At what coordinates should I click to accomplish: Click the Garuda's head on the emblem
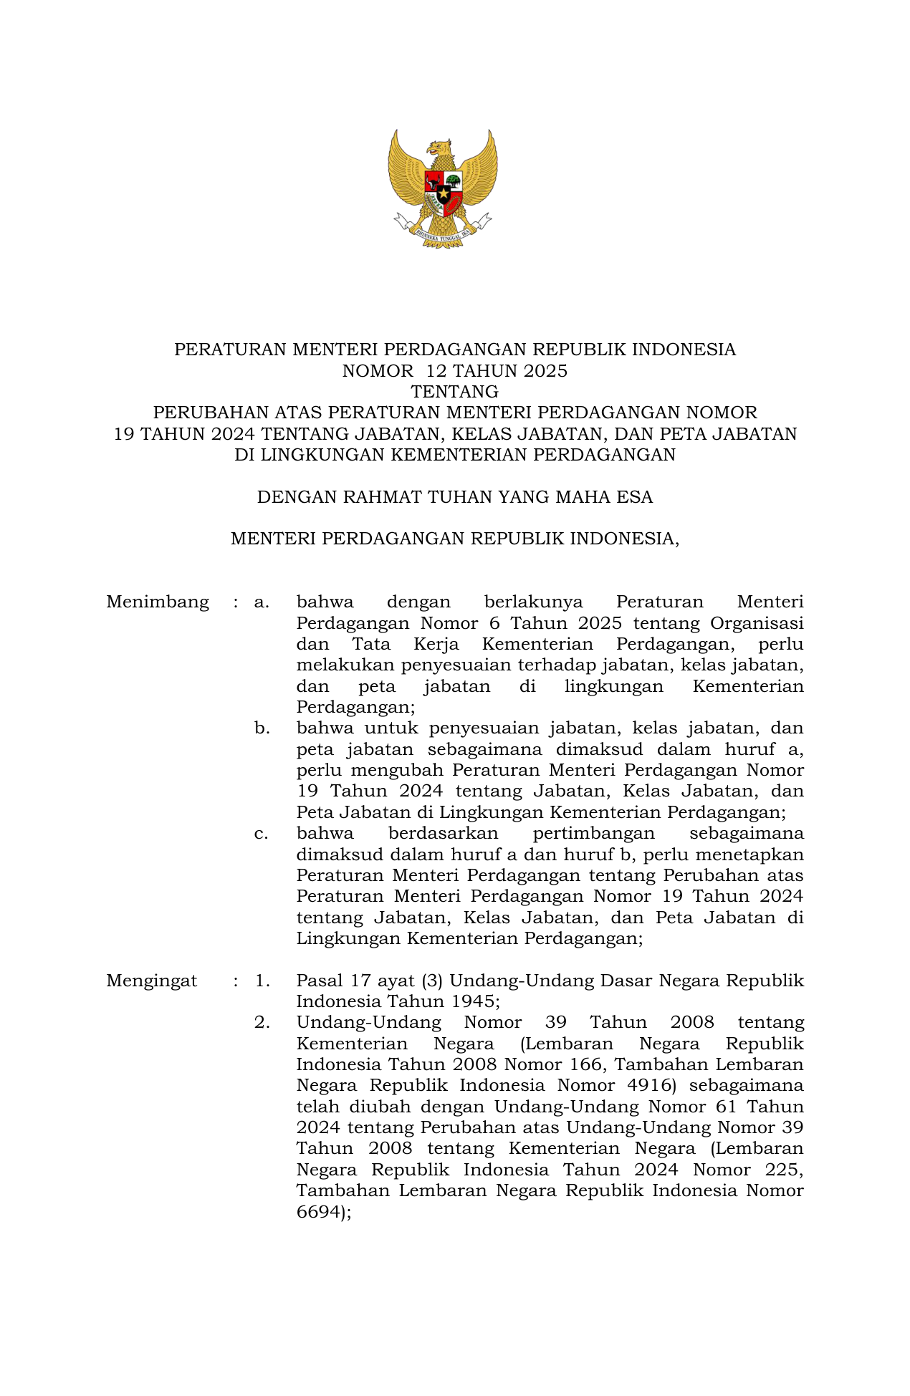click(439, 148)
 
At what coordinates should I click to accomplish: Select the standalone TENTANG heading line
click(454, 392)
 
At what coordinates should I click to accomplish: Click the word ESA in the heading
click(634, 497)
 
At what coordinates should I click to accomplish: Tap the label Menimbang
click(158, 602)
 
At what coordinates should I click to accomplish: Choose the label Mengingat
click(151, 981)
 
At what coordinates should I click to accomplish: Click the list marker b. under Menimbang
click(262, 728)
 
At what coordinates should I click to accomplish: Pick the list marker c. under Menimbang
click(262, 834)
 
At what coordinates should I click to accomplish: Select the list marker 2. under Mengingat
click(262, 1023)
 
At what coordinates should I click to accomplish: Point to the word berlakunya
click(533, 602)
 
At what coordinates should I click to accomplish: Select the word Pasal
click(320, 981)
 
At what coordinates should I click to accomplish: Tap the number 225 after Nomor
click(782, 1170)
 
